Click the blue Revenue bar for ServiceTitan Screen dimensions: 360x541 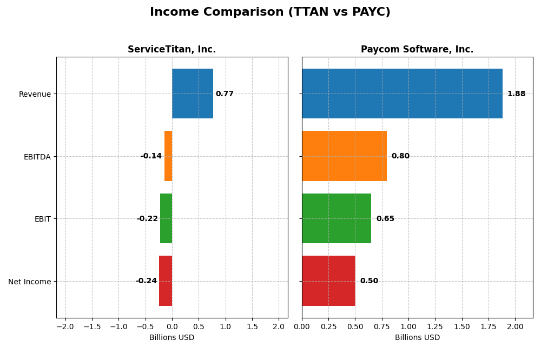point(193,94)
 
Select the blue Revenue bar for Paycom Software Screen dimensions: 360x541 point(402,94)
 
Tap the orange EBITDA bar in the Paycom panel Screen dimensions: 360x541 point(344,156)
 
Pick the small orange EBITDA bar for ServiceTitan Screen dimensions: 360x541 point(168,156)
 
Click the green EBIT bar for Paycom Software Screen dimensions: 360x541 point(337,218)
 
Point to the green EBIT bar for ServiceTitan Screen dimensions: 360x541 point(166,218)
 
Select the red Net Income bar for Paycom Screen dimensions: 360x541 point(328,281)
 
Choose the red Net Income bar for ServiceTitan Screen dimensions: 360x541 point(166,281)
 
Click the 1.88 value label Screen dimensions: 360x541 point(516,94)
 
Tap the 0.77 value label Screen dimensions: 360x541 point(225,94)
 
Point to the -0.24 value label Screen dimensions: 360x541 point(146,281)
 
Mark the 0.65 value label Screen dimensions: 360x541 point(385,219)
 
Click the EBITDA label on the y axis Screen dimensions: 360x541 point(37,157)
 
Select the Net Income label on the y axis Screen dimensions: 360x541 point(29,282)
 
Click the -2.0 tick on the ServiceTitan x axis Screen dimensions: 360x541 point(65,327)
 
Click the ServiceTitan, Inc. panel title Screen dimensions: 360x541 point(171,50)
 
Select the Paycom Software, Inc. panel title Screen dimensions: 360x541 point(417,50)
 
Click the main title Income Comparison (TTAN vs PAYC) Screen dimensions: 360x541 point(270,12)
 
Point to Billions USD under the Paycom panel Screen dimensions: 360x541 point(417,338)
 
